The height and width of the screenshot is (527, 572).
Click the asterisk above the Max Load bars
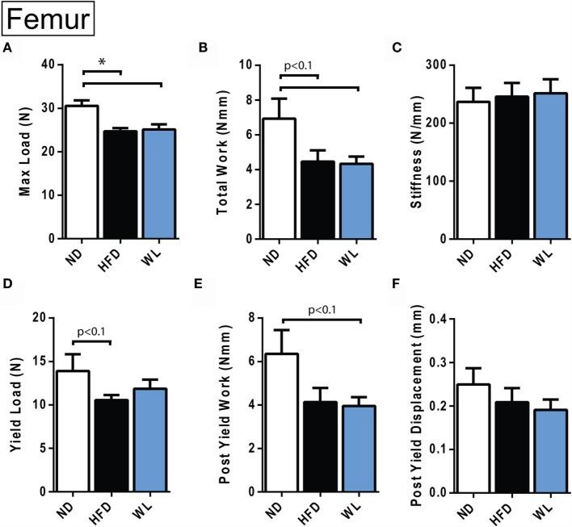[x=102, y=63]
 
